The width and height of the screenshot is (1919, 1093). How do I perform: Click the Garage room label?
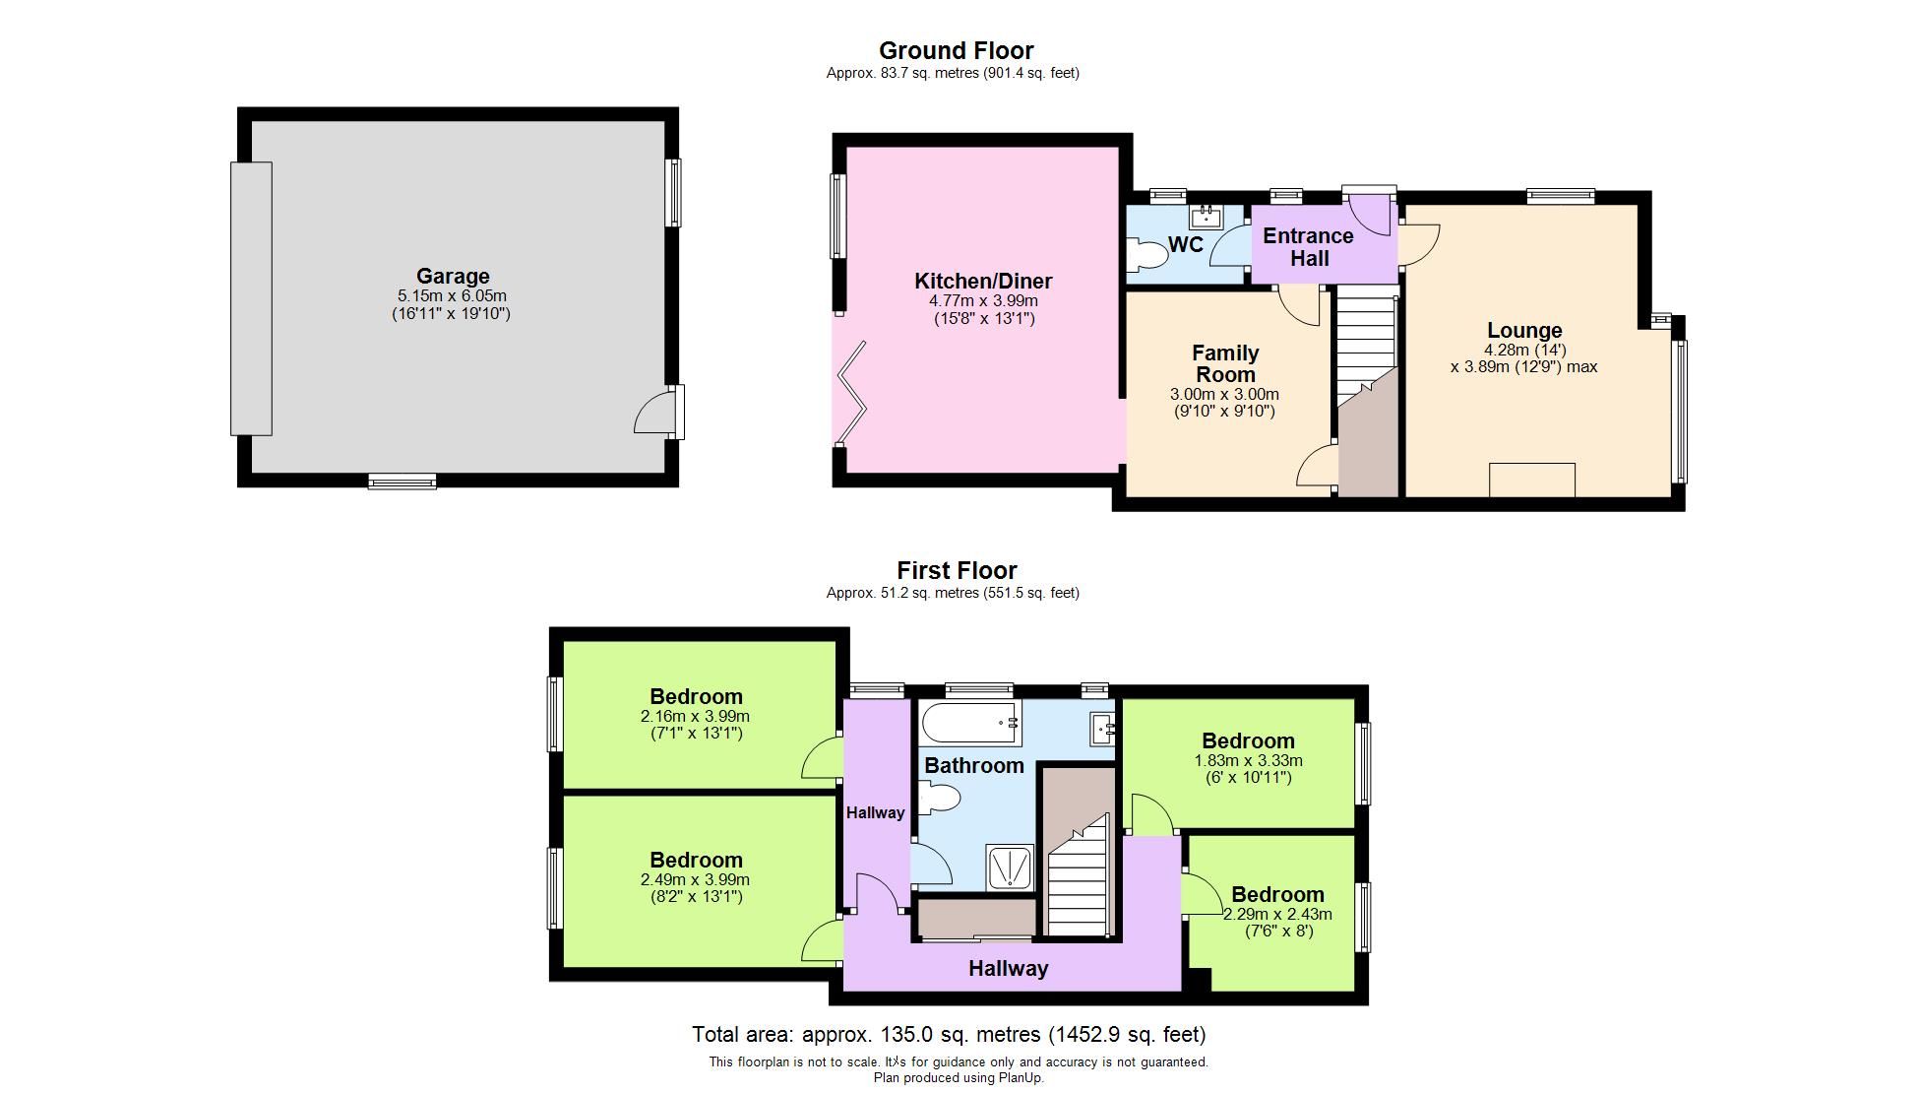452,277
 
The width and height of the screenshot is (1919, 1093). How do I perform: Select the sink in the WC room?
1205,216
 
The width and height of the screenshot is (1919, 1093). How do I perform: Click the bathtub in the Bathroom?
969,724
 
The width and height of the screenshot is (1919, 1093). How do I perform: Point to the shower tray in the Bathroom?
1010,868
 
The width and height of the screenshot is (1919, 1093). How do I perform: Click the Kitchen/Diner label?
983,282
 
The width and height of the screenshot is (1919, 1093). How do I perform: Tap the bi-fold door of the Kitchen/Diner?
849,394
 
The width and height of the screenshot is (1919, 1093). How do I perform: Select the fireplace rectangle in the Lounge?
1531,481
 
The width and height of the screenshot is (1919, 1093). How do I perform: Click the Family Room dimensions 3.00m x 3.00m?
1224,394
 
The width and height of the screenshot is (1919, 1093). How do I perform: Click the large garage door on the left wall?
251,298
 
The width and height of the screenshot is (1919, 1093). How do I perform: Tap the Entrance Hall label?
1308,247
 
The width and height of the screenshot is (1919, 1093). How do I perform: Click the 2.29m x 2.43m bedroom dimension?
1277,914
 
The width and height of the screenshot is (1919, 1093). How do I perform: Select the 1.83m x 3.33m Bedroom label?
1248,741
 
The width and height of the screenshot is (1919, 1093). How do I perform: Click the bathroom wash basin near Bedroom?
1102,729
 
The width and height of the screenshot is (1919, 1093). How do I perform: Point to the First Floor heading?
957,570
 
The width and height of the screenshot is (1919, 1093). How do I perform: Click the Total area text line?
948,1034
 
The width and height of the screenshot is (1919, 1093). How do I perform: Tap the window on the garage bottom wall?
402,482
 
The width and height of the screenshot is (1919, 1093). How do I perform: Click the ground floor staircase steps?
1365,340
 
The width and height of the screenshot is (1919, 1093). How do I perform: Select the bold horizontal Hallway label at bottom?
1008,969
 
